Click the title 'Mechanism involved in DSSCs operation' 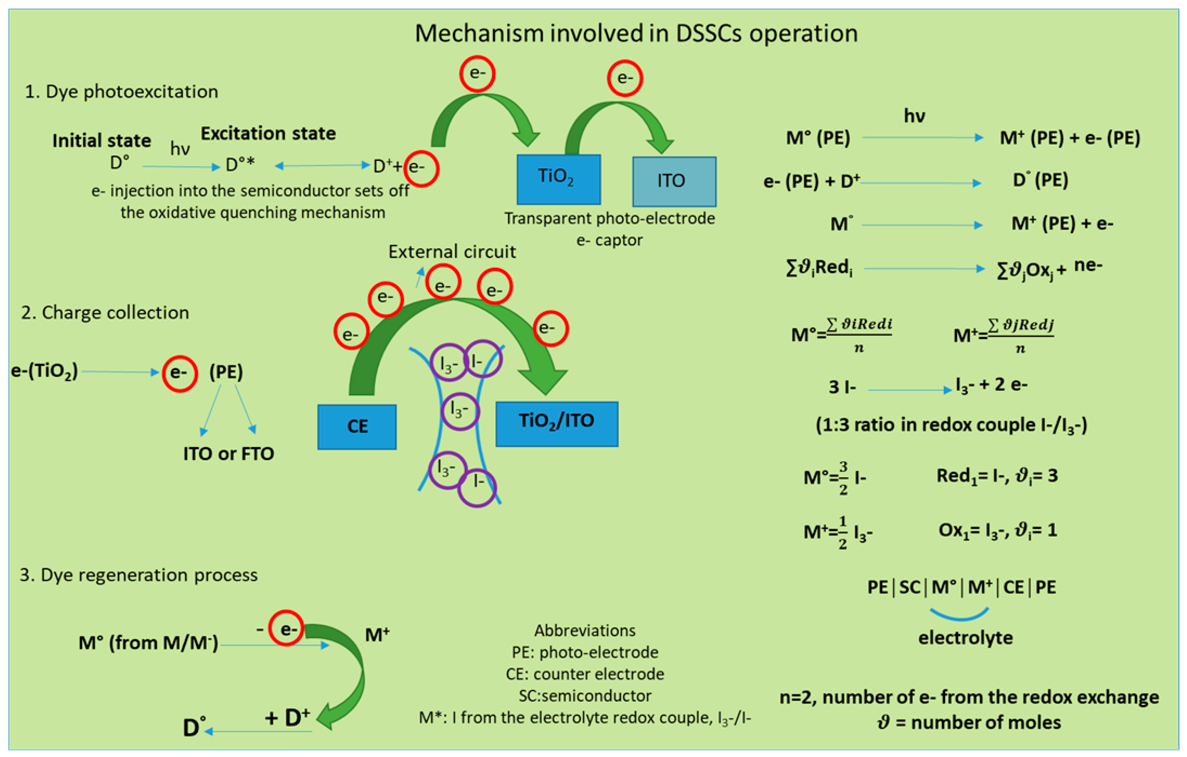[636, 34]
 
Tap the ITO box [674, 181]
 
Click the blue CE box [357, 426]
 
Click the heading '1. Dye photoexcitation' [121, 92]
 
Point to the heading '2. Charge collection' [105, 312]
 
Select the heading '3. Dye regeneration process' [139, 575]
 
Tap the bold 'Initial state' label [101, 140]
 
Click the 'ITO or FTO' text [228, 454]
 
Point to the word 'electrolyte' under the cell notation [965, 638]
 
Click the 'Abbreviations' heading [585, 630]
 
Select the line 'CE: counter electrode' [585, 674]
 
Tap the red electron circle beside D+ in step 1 [421, 168]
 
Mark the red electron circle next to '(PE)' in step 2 [180, 373]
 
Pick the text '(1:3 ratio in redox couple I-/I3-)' [951, 425]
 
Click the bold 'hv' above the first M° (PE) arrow [914, 116]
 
